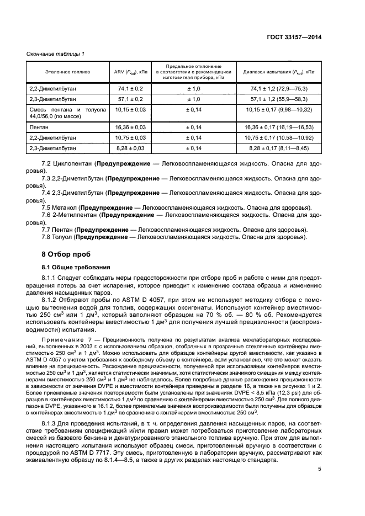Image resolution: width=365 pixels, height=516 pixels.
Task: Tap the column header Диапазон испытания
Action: point(279,72)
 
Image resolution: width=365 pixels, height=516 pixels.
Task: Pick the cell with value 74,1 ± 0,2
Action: point(130,88)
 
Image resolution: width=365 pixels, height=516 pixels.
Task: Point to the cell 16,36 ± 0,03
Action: point(130,127)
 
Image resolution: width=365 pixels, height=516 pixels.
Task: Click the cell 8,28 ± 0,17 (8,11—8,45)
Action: point(279,149)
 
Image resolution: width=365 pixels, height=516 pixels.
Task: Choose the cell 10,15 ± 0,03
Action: point(130,113)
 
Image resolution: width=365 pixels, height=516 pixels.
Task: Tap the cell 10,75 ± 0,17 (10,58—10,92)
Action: point(279,138)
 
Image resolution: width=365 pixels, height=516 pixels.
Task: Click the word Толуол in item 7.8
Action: point(64,237)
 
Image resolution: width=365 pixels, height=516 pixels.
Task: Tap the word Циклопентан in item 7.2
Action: point(74,164)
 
